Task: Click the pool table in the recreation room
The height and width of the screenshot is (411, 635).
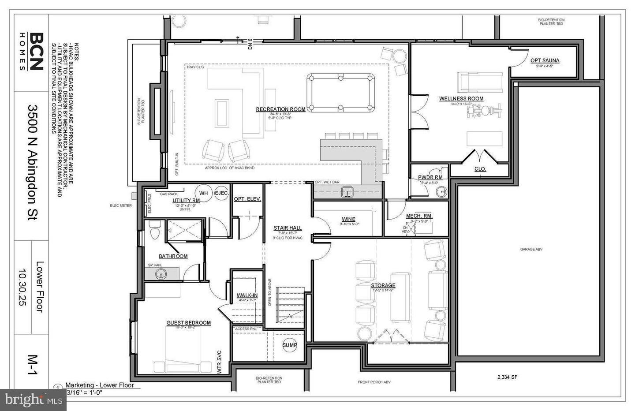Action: point(340,93)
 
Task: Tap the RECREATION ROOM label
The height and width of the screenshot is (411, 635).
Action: point(281,109)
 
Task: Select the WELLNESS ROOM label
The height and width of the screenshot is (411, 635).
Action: point(461,99)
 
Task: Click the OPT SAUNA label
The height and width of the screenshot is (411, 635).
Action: point(545,61)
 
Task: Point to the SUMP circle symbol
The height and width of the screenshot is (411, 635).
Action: point(290,345)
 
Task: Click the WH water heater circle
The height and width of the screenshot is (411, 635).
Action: point(203,193)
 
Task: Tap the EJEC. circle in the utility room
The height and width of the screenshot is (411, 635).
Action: point(221,193)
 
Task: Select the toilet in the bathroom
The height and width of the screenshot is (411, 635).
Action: point(154,231)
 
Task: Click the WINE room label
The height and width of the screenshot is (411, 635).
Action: point(348,219)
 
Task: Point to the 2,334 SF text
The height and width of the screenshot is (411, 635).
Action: point(507,377)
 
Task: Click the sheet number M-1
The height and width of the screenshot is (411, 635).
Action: point(32,365)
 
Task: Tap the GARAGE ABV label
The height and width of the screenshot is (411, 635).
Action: point(531,250)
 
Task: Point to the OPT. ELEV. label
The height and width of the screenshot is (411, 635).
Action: point(247,199)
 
